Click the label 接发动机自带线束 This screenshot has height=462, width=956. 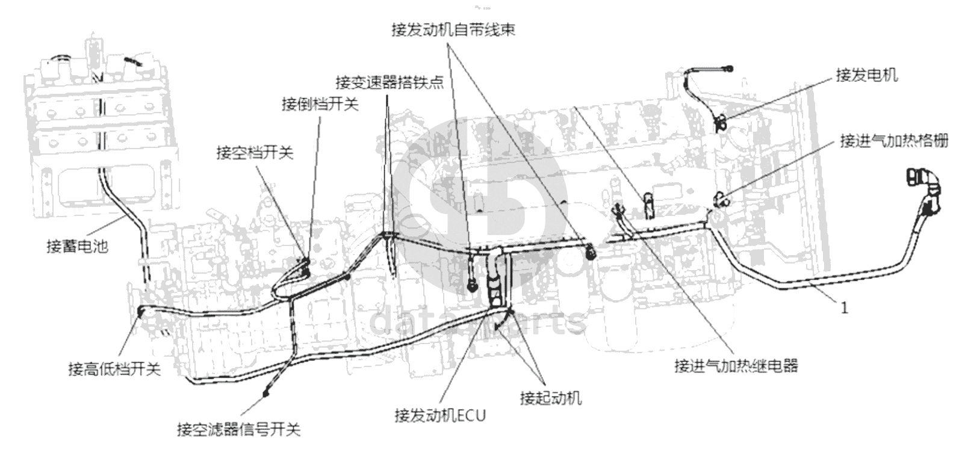pos(453,30)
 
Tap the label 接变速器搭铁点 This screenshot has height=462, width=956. pos(390,82)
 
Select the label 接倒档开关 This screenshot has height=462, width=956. pos(320,104)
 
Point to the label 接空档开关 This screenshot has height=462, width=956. pos(255,152)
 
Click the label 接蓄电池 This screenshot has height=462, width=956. pos(77,246)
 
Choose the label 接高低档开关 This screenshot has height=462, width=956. pos(115,369)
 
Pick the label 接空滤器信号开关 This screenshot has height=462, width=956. pos(239,429)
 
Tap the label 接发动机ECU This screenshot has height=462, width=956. pos(441,416)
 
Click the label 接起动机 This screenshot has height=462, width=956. pos(551,398)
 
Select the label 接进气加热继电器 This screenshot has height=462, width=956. pos(736,366)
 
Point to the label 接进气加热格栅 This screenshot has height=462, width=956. pos(894,141)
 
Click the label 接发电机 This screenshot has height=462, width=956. pos(867,76)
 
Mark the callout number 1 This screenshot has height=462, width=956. pos(844,308)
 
